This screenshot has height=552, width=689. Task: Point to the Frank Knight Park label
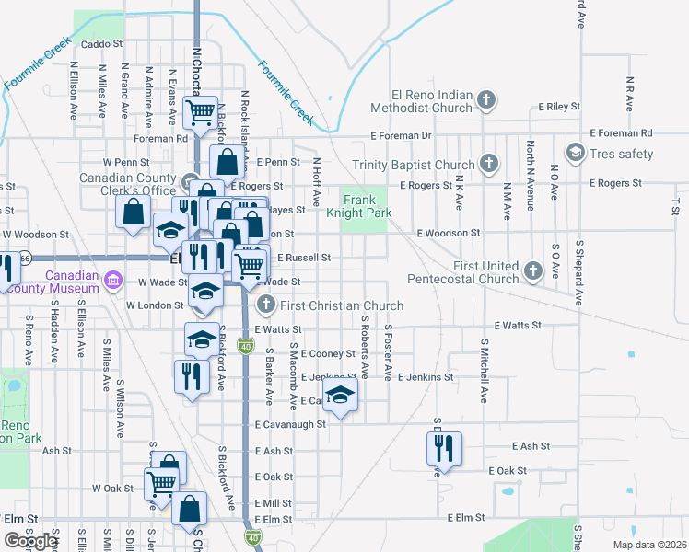(367, 206)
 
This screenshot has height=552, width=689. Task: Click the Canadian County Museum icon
(112, 278)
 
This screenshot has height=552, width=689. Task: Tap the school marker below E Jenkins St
(340, 398)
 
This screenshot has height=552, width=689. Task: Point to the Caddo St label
(101, 44)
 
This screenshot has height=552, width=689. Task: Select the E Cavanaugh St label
(291, 424)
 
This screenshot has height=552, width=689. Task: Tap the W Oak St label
(113, 488)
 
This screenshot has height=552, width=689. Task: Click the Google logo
(30, 541)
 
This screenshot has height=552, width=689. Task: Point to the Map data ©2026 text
(648, 545)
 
